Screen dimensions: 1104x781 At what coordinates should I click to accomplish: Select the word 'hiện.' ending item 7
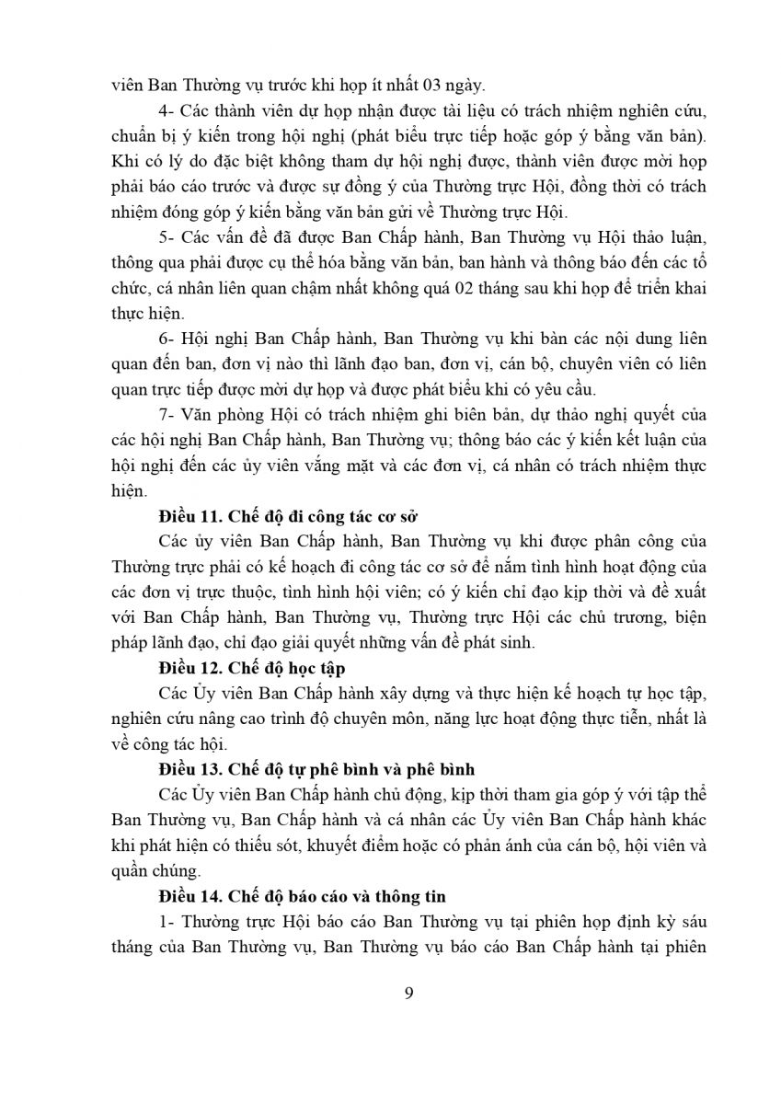coord(129,491)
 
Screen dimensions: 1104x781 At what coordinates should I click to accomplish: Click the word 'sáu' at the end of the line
coord(691,921)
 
